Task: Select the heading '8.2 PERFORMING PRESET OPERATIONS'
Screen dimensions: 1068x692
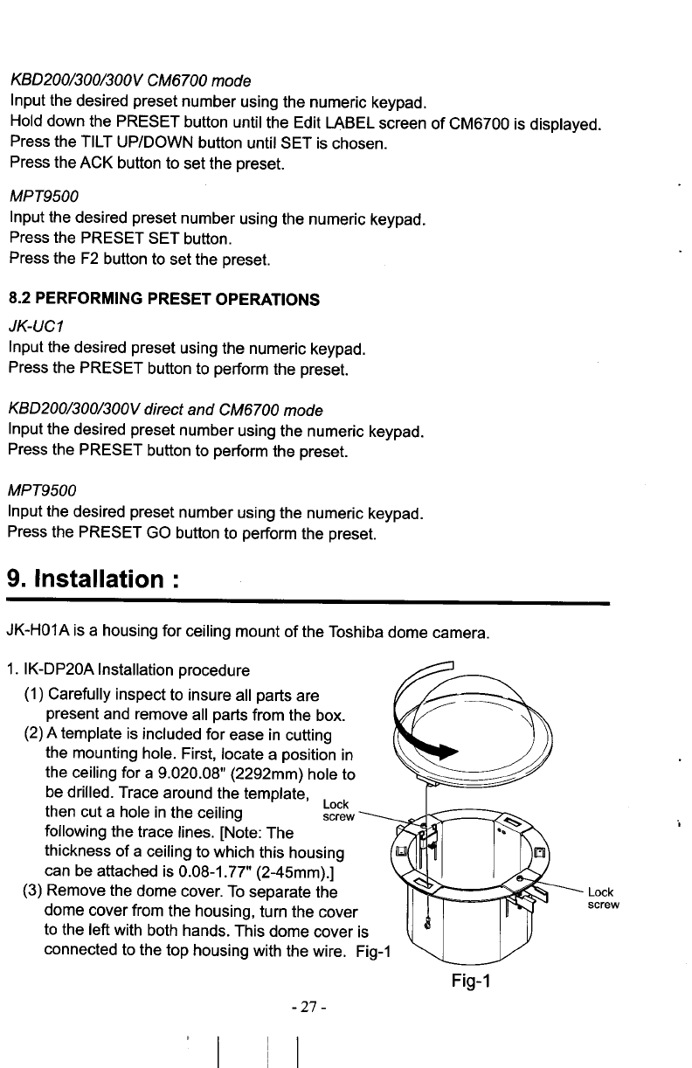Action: click(x=163, y=300)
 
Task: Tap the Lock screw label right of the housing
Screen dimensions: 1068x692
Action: click(x=603, y=898)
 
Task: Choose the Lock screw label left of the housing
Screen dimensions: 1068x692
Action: click(x=336, y=810)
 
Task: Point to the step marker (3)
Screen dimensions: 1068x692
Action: click(x=31, y=891)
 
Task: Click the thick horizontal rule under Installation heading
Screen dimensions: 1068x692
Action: click(x=306, y=603)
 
